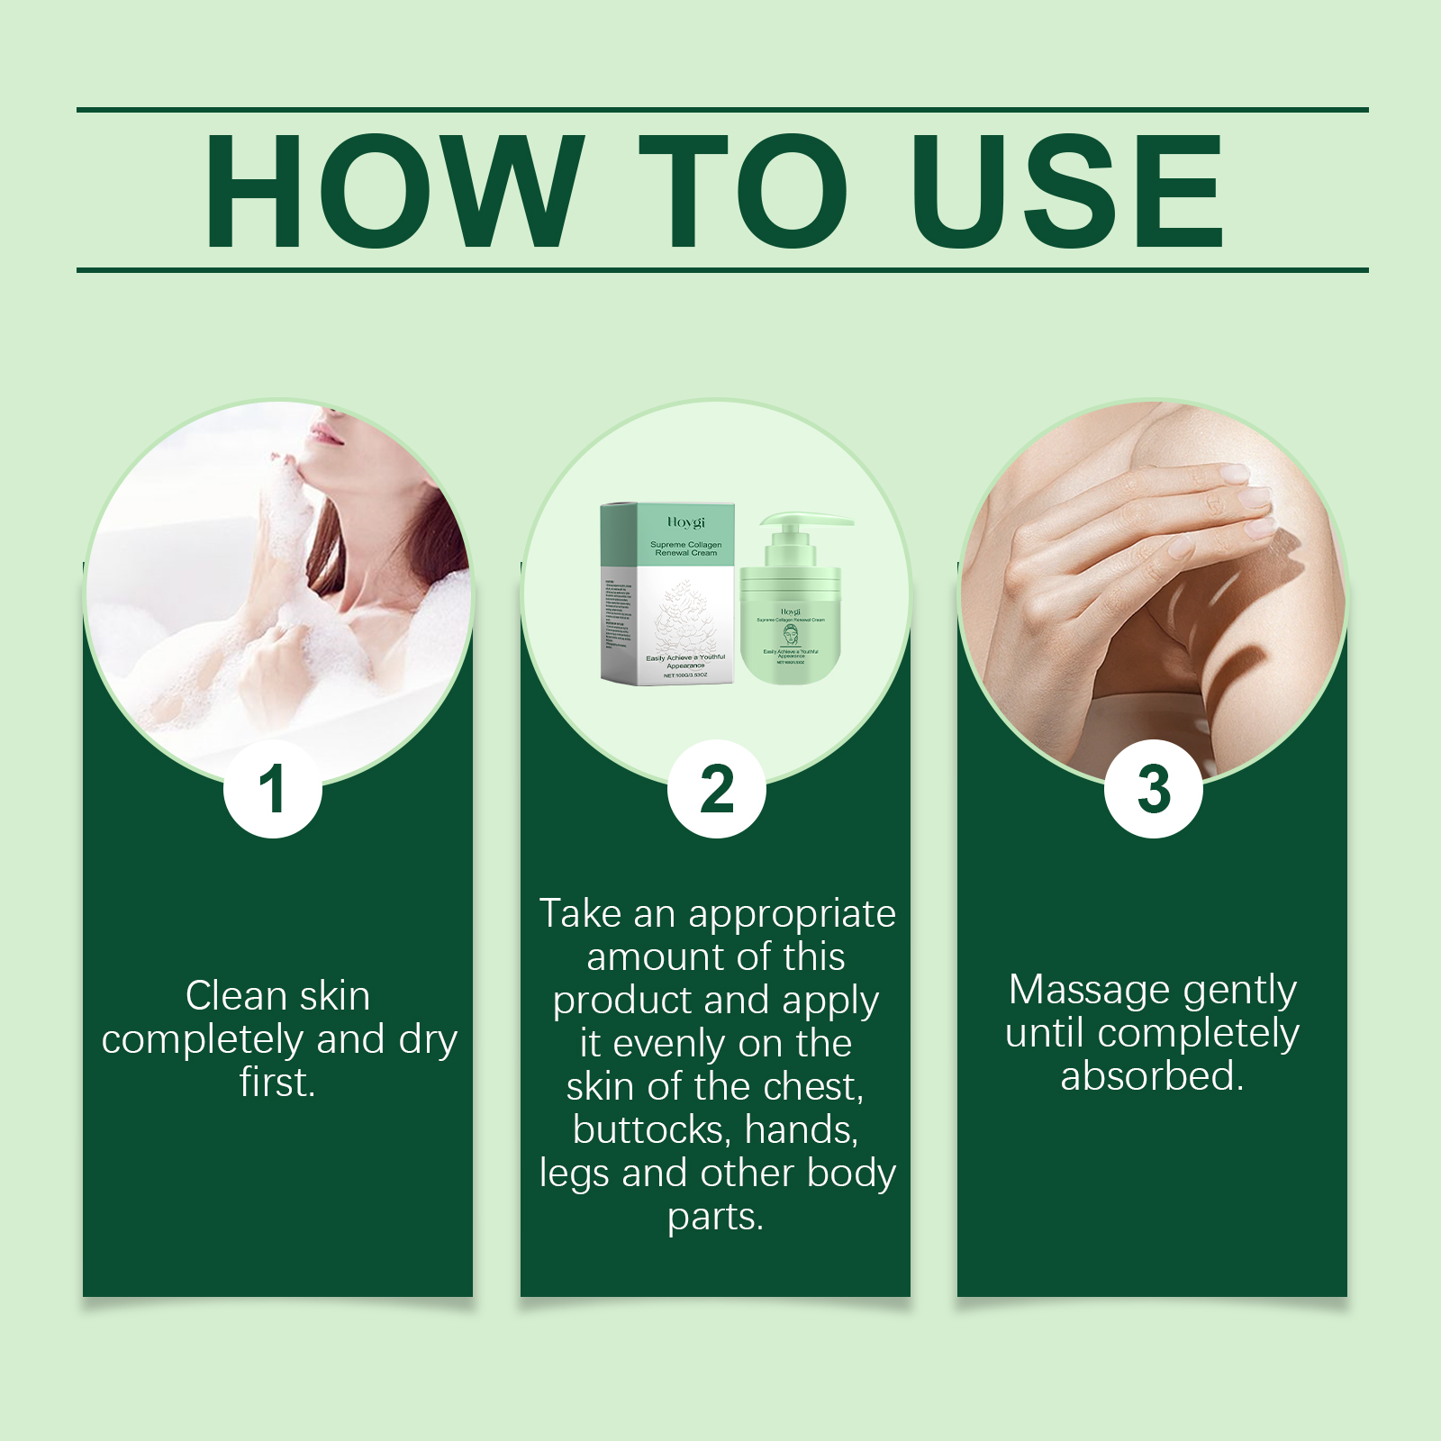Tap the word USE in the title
tap(1066, 191)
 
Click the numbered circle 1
tap(272, 789)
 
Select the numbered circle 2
tap(717, 789)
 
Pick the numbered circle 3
tap(1154, 789)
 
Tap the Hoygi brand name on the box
tap(686, 521)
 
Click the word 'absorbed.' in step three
tap(1152, 1076)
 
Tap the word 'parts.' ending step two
tap(715, 1217)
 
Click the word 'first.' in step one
tap(277, 1083)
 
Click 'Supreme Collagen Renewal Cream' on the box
tap(686, 548)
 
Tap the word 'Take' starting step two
tap(581, 914)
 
